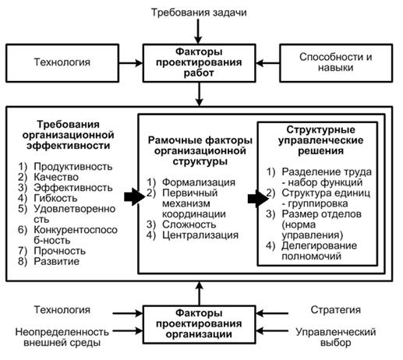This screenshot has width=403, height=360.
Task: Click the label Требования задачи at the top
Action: pos(199,12)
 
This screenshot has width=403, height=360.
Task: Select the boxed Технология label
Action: pos(62,63)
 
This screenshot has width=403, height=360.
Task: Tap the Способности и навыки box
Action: pos(336,63)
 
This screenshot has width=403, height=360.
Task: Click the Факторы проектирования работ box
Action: pos(199,63)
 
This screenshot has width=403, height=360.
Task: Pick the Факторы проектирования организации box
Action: pos(199,324)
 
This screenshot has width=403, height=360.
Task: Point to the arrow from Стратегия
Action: pos(272,313)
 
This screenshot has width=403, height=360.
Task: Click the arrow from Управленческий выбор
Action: pos(272,331)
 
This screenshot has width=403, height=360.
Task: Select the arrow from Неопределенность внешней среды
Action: pos(128,331)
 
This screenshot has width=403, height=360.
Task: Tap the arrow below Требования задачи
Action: pos(198,31)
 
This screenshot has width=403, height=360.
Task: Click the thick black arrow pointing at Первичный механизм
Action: pos(134,197)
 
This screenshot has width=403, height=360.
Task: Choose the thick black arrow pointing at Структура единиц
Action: pos(258,199)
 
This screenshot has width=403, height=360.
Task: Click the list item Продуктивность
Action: pos(73,167)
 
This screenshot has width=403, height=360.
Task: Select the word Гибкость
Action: pos(55,198)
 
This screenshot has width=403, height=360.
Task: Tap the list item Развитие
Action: pos(56,261)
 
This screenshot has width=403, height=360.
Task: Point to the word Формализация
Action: pos(199,182)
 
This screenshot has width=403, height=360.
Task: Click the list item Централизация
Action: pos(200,235)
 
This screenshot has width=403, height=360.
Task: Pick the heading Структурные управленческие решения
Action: pos(320,140)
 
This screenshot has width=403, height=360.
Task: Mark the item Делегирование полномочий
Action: pos(319,251)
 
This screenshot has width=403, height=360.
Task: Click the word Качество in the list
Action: pos(56,177)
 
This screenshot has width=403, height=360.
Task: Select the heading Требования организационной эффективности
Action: pos(68,135)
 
